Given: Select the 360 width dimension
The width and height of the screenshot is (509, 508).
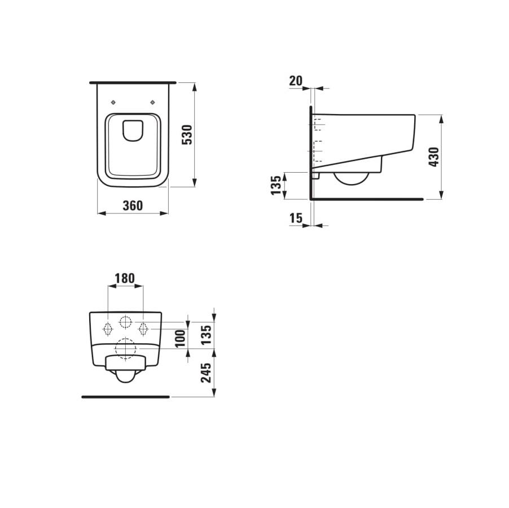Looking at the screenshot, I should pos(133,205).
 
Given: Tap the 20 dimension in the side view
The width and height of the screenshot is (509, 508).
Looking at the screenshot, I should pos(296,81).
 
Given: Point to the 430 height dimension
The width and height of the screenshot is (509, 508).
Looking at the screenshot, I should pos(433,156).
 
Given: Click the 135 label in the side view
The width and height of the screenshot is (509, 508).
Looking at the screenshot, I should pos(276,185).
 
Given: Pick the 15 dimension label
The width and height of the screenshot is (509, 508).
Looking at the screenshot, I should pos(296,218).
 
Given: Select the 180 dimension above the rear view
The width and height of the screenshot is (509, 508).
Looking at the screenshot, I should pos(125,278).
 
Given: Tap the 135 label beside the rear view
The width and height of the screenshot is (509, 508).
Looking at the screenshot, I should pos(207,334).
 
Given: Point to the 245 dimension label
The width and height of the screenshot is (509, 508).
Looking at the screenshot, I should pos(207,373).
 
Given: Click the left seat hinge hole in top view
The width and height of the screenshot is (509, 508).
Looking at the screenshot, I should pos(113,102).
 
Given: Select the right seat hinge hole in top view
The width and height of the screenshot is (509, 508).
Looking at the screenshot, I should pos(153,102).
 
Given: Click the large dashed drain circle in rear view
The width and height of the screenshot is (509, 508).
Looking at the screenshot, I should pos(126,349).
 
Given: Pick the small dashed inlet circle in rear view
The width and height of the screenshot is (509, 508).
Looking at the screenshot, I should pos(125,323).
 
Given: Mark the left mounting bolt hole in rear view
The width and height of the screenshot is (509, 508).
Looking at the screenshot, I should pos(108,327).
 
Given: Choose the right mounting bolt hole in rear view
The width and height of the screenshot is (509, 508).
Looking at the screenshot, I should pos(143,327).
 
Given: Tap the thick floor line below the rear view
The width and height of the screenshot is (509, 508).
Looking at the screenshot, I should pos(125,397).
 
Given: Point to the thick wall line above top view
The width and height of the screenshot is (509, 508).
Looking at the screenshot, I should pos(133,82).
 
